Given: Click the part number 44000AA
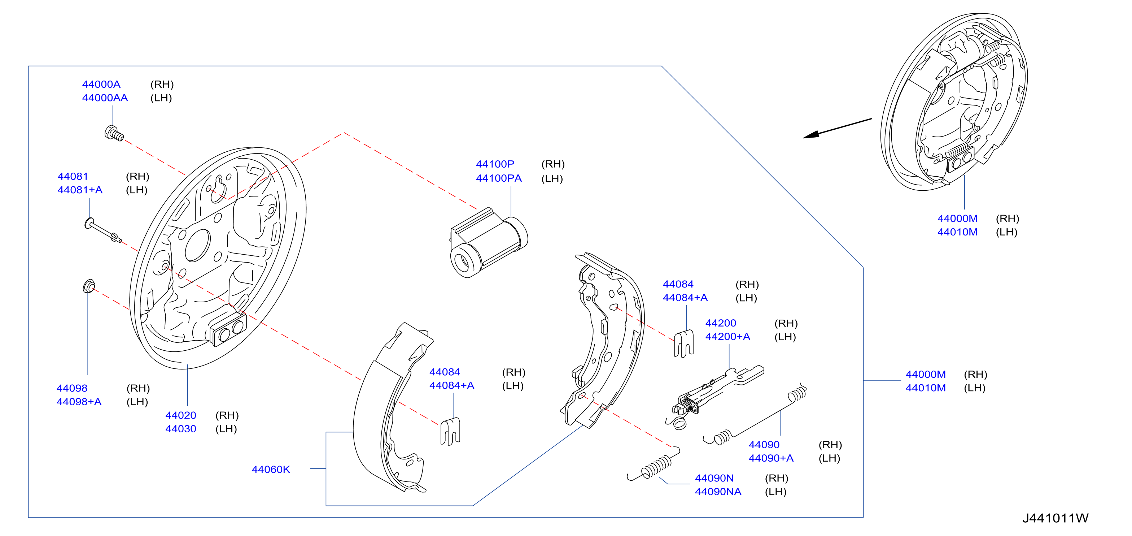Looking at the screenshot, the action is tap(105, 98).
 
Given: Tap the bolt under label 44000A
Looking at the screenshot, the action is tap(114, 133).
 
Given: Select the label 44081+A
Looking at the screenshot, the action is tap(80, 190).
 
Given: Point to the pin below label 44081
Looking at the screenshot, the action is tap(103, 229).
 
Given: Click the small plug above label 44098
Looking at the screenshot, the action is tap(89, 286).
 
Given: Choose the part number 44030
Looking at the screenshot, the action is tap(181, 429).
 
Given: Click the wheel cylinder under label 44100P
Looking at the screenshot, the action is tap(488, 243).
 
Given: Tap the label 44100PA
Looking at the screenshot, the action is tap(499, 178).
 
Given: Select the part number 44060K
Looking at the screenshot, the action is tap(271, 470).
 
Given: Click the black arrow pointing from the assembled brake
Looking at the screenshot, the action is tap(837, 128).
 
